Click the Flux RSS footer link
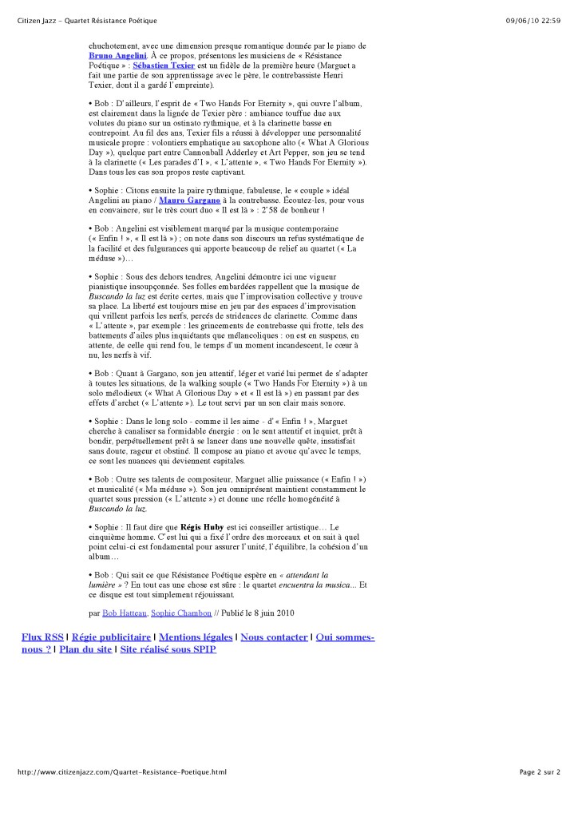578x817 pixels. tap(42, 637)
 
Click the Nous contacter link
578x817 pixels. tap(274, 637)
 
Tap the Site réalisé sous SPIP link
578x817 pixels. tap(168, 649)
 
